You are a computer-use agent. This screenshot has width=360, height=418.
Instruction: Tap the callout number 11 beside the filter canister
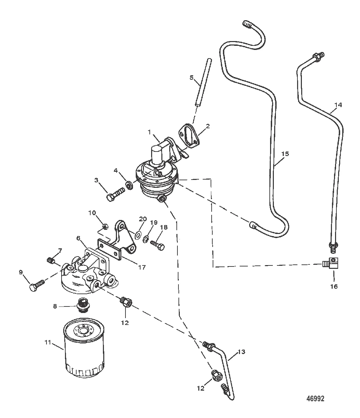tap(48, 342)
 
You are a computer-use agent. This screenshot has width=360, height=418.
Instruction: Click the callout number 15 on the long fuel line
tap(285, 154)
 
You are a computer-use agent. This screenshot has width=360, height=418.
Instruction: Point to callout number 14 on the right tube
tap(338, 105)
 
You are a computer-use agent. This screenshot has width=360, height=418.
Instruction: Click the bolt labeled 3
tap(116, 194)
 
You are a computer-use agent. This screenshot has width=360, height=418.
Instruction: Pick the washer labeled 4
tap(129, 185)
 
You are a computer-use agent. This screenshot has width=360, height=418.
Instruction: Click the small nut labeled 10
tap(105, 227)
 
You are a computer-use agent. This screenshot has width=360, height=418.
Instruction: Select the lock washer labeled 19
tap(146, 240)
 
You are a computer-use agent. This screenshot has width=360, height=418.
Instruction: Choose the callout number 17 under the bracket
tap(142, 267)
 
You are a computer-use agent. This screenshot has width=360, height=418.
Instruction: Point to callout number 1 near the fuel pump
tap(149, 132)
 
